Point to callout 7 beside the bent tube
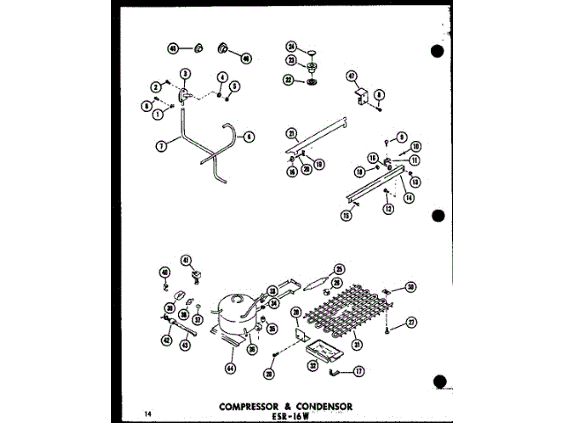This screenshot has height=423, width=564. pos(161,147)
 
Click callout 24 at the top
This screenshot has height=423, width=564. pos(292,47)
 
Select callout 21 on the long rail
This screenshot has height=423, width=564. pos(290,133)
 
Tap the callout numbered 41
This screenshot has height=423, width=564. pos(186,259)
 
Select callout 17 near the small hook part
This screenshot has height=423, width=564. pos(359,373)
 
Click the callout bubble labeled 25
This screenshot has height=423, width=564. pos(338,269)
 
